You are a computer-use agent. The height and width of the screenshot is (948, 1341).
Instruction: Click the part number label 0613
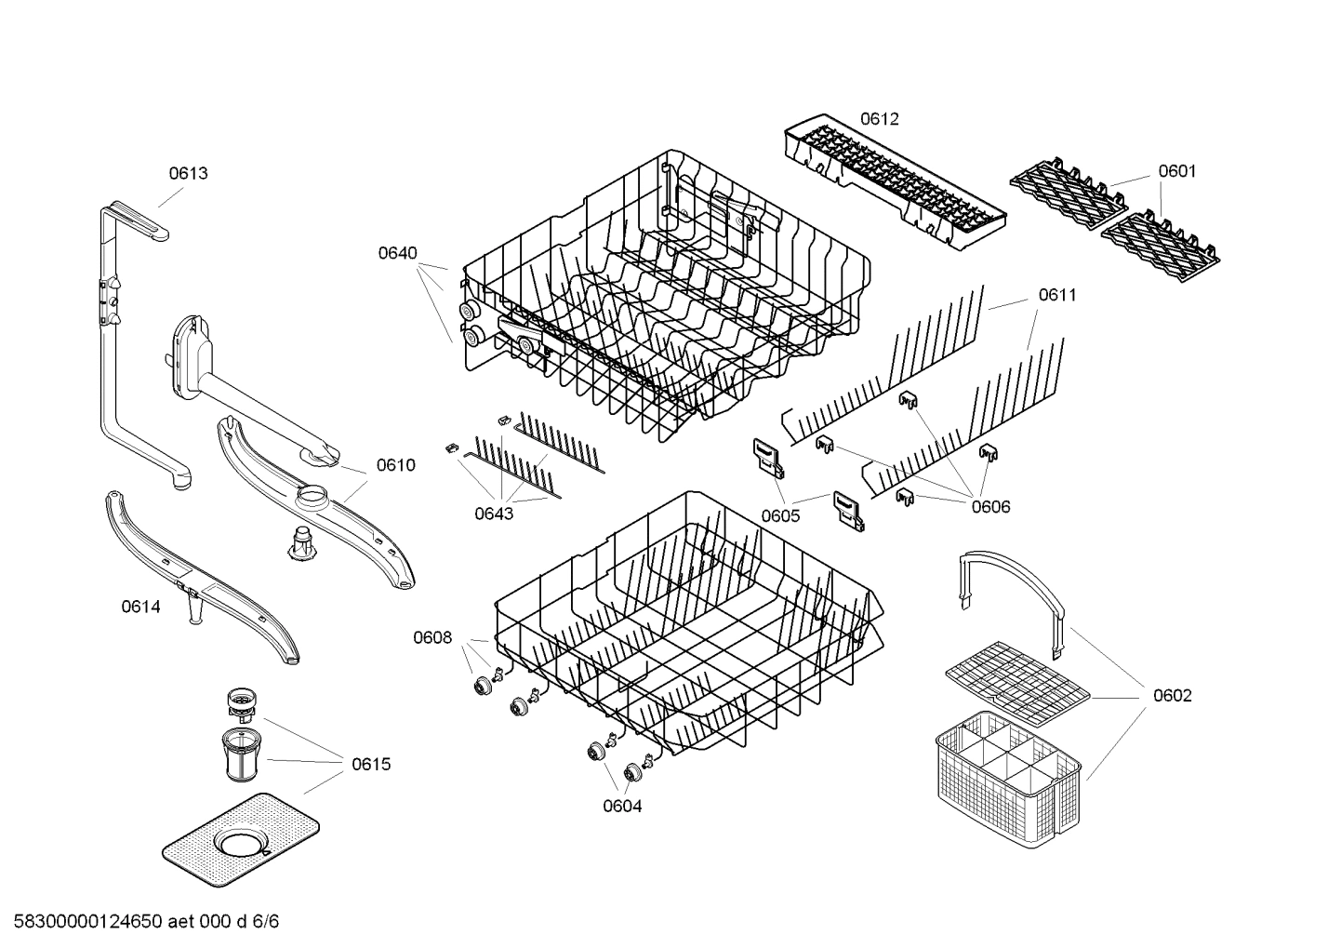188,173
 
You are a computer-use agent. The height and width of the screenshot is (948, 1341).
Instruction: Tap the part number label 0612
879,119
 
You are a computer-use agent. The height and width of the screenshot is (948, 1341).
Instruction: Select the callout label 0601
1176,171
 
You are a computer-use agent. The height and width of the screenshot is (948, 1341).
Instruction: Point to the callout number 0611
1057,295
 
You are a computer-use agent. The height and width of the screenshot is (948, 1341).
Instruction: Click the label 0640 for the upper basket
397,253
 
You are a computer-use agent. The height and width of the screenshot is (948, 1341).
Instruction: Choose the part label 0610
395,465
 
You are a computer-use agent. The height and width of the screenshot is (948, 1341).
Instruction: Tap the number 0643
493,514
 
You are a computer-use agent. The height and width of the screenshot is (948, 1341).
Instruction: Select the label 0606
990,507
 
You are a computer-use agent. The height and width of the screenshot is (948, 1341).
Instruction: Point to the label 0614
140,608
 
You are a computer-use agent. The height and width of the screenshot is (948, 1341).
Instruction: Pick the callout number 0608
432,638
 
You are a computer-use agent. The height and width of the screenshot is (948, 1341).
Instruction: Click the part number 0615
371,765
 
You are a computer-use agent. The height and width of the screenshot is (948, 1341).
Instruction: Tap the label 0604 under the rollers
622,807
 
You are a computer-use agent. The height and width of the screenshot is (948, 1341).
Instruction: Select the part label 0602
1172,696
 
